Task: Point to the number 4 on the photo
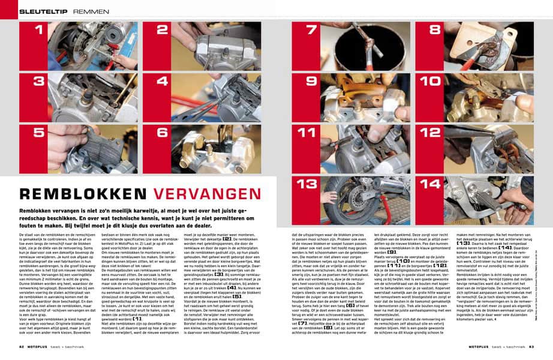coord(163,81)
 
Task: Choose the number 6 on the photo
coord(163,132)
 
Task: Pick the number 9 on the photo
coord(311,81)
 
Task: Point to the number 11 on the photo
coord(311,132)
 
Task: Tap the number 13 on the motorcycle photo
coord(311,184)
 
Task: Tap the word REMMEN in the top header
coord(91,11)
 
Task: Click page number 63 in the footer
coord(531,346)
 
